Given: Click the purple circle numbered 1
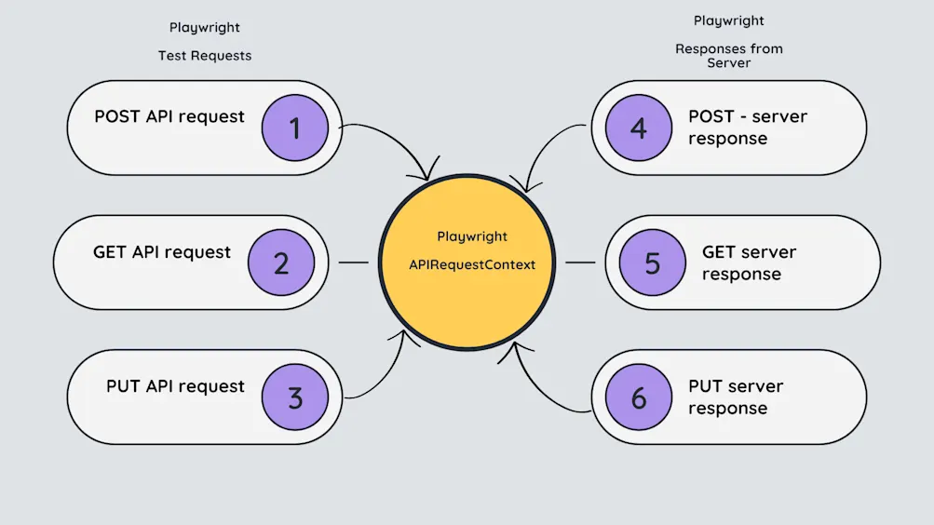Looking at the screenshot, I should (295, 128).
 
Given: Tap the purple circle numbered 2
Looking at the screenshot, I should (281, 262).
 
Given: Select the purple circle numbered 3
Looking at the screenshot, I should (295, 397).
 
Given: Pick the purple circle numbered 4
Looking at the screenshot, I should (638, 128).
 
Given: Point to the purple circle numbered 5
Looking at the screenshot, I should (652, 262).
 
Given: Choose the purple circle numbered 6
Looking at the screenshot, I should (638, 397).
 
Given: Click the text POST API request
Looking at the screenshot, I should (169, 116).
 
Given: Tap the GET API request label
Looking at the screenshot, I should (162, 251).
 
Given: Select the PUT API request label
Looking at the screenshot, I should (175, 386).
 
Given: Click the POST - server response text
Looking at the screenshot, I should (747, 128).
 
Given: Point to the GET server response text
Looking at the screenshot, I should (749, 262).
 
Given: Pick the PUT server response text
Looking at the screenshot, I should (736, 397).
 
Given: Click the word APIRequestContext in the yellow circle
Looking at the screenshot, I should (472, 264).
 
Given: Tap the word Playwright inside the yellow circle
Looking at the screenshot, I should (472, 236).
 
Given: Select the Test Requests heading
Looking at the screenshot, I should (205, 56).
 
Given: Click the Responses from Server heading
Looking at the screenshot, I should (729, 56).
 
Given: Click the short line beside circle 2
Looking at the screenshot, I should (353, 262).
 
